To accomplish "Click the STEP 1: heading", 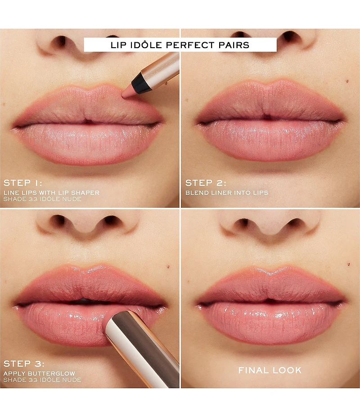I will pos(23,183).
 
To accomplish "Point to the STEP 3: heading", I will pos(23,363).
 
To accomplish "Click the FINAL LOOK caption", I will pos(270,370).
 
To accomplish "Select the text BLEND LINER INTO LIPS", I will pos(227,193).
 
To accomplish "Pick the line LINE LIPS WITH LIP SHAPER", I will pos(51,193).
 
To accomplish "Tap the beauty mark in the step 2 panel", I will pos(347,81).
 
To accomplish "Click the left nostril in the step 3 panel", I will pos(58,220).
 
